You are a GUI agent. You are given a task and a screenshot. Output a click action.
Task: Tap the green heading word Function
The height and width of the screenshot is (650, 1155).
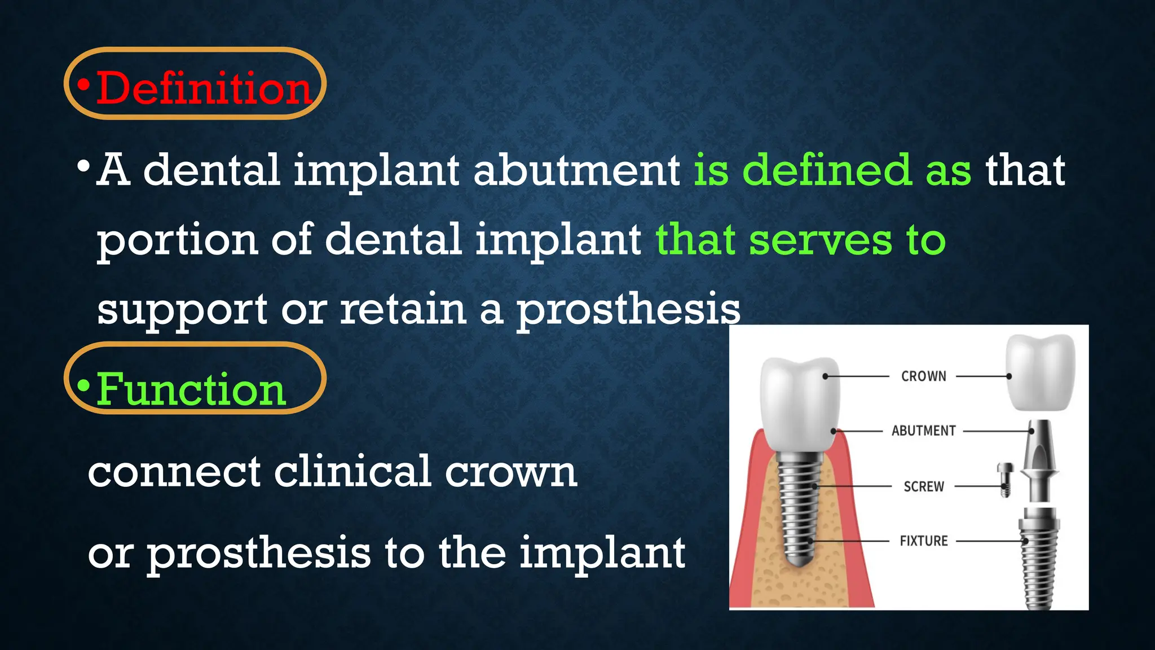point(191,389)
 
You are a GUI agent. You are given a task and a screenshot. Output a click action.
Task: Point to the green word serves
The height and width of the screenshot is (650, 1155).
point(821,240)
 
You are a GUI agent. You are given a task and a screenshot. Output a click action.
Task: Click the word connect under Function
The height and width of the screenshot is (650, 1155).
point(174,472)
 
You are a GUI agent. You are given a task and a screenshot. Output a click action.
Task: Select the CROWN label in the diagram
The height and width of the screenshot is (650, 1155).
point(923,376)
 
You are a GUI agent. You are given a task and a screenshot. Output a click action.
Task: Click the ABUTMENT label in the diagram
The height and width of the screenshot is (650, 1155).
point(923,431)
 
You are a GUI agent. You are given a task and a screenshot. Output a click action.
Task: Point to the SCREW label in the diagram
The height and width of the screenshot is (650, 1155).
point(923,486)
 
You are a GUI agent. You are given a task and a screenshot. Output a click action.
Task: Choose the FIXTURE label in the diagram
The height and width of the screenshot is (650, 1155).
point(923,541)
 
